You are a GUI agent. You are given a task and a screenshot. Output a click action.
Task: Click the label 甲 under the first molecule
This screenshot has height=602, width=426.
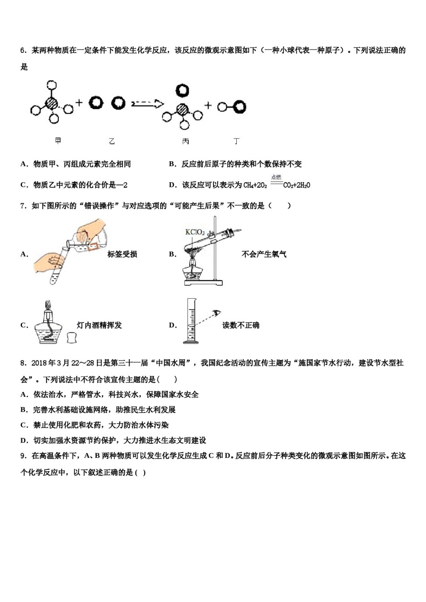(58, 141)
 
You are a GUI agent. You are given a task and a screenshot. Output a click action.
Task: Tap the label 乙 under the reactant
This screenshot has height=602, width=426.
(112, 141)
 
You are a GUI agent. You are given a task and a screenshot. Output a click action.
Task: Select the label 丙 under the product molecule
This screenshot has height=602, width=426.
(185, 141)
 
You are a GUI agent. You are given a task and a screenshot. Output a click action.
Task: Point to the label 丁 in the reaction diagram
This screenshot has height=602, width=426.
(236, 141)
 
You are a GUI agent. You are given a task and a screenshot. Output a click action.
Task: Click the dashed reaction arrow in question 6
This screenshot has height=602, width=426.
(148, 104)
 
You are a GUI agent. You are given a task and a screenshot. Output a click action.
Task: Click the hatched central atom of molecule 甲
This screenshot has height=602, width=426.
(52, 103)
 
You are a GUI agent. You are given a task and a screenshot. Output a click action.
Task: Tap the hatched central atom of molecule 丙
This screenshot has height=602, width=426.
(182, 109)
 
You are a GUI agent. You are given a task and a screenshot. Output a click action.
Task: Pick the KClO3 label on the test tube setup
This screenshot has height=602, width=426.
(195, 232)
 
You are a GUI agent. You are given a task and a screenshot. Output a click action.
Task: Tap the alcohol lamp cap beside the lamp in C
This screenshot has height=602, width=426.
(72, 337)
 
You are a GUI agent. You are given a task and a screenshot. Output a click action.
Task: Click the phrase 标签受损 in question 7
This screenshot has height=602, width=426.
(122, 254)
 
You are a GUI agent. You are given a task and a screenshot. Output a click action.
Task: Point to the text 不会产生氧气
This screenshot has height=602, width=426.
(264, 254)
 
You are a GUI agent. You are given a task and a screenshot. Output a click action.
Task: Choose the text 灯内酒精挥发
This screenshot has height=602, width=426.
(100, 325)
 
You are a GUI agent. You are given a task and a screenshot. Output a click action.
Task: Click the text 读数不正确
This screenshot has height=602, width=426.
(241, 325)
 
